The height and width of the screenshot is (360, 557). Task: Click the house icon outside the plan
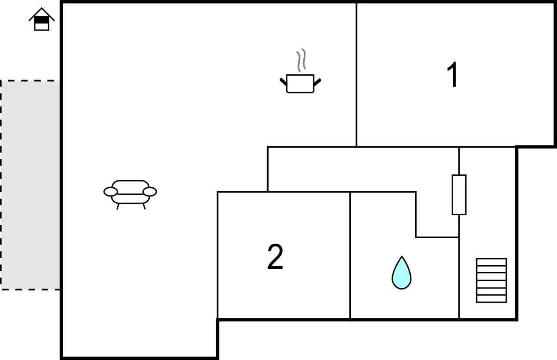pos(41,20)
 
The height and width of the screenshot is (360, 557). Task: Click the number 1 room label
pos(453,74)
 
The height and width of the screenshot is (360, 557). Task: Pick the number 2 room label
pos(275,257)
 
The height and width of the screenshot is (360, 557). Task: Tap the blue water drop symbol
pos(401,273)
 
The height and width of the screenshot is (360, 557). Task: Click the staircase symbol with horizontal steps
pos(491,280)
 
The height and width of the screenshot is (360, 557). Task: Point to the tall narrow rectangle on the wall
pos(459,195)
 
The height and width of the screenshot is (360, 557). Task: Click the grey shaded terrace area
pos(30,185)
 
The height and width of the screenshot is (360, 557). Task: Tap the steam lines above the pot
pos(301,60)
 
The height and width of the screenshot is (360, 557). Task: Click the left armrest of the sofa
pos(111,192)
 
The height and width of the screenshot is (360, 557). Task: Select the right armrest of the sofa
pos(150,192)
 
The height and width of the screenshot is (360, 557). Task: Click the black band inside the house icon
pos(41,20)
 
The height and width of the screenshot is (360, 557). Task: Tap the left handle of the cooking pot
pos(283,82)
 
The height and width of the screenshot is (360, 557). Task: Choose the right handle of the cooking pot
pos(317,82)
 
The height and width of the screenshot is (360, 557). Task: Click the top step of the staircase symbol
pos(491,262)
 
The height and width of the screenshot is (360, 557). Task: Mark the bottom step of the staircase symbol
pos(491,299)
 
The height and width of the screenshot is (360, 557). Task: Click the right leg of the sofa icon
pos(144,207)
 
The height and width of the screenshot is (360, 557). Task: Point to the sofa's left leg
pos(118,207)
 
